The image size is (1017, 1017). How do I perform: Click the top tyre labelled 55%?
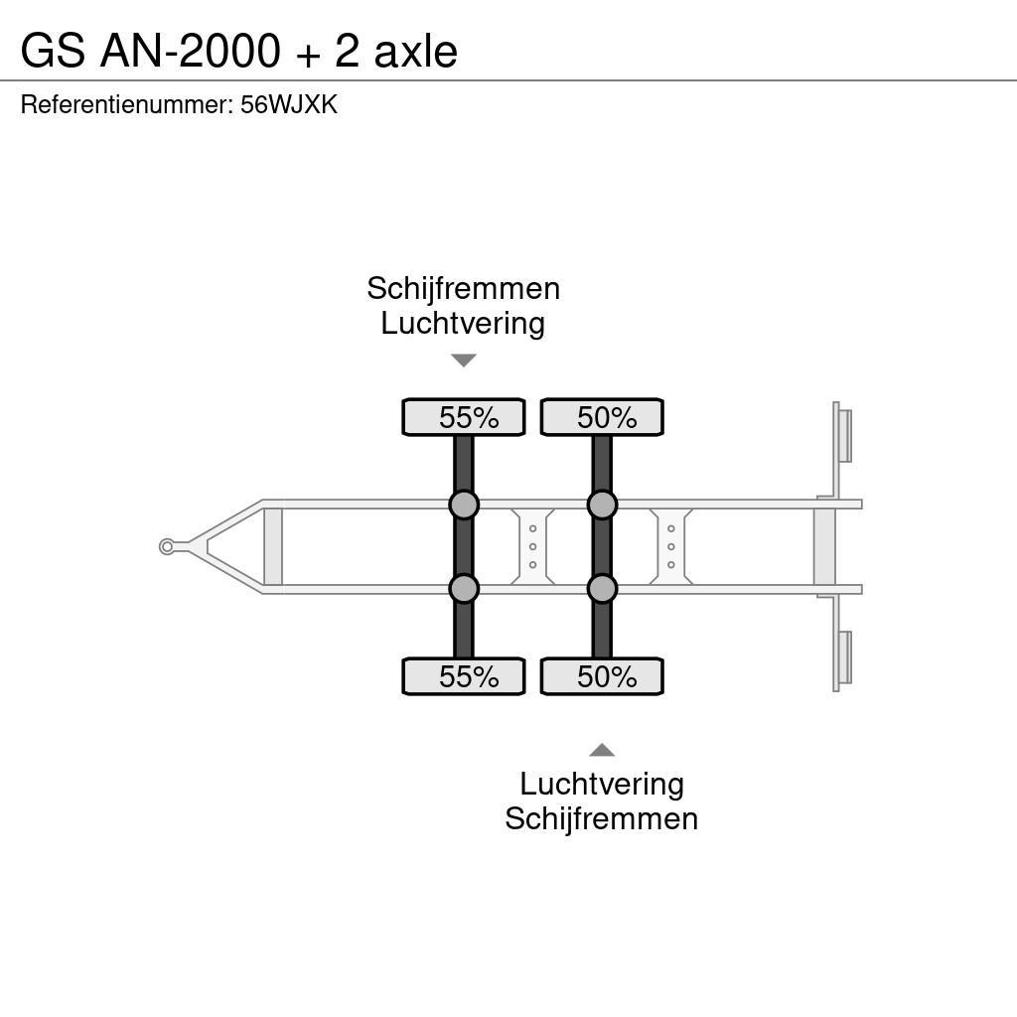coord(463,417)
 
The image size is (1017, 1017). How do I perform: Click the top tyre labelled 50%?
coord(602,417)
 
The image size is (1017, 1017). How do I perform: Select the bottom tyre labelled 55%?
coord(463,676)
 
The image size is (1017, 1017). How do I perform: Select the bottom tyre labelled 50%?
coord(602,676)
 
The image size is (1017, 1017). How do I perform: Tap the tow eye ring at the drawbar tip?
coord(167,546)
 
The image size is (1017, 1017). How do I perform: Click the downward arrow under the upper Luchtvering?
coord(463,361)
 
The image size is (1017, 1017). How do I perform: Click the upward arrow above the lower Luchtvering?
coord(602,750)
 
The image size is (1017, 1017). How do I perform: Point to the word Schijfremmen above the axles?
coord(463,288)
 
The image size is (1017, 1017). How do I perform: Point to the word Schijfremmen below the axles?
coord(601,818)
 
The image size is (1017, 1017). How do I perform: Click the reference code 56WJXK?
coord(289,105)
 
